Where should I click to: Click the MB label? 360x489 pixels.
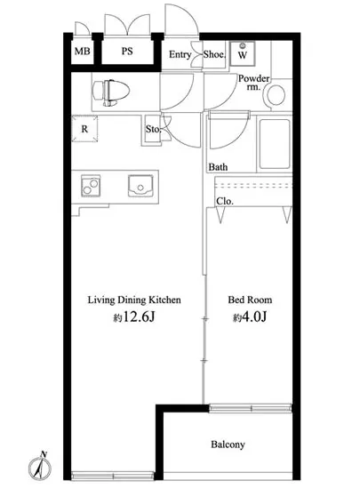(x=83, y=51)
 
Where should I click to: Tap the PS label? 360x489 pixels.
(x=127, y=51)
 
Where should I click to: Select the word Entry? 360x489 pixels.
(x=180, y=54)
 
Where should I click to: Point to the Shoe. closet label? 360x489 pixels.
(x=214, y=54)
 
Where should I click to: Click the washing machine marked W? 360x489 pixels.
(x=242, y=53)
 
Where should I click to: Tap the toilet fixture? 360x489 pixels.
(x=111, y=92)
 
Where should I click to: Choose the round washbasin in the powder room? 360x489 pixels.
(x=276, y=95)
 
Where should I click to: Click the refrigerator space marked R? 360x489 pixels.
(x=84, y=129)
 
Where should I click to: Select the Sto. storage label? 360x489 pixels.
(x=153, y=129)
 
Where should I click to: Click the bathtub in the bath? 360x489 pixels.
(x=275, y=144)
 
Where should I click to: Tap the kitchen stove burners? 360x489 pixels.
(x=91, y=186)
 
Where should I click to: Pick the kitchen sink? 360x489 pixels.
(x=140, y=186)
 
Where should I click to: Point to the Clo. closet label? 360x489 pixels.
(x=225, y=201)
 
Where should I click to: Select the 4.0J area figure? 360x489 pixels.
(x=250, y=317)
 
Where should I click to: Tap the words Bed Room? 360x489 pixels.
(x=250, y=300)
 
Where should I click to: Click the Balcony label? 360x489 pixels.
(x=228, y=445)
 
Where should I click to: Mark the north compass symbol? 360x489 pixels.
(x=40, y=467)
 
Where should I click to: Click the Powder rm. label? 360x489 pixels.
(x=253, y=83)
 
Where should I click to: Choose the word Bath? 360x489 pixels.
(x=218, y=167)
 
